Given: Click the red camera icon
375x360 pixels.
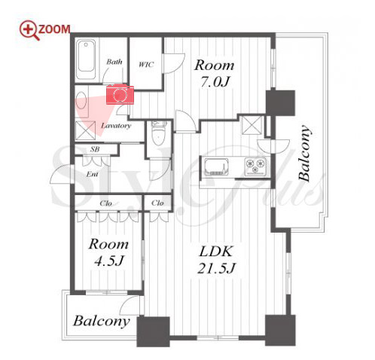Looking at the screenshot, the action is pos(120,95).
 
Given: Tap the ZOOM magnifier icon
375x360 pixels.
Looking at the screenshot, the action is pos(30,30).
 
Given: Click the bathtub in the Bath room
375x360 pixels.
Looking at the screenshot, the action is pos(87,59).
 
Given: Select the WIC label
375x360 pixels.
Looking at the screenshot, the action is pos(146,65).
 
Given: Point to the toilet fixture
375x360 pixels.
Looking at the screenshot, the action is pos(158,133).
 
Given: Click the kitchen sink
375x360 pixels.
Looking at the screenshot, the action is pos(216,166).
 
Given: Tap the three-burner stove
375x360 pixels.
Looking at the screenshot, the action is pos(255,166).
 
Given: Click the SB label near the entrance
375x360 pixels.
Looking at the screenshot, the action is pos(95,149).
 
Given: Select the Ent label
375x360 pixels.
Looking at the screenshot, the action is pos(92,174).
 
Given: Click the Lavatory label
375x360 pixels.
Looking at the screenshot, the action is pos(116,126).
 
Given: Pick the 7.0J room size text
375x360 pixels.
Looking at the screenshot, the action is pos(215,82).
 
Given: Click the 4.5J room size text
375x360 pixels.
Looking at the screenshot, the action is pos(108,261).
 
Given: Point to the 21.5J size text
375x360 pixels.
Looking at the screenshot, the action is pos(216,268).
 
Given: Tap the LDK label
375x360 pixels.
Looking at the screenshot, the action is pos(215,252).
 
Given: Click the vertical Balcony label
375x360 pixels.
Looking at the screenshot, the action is pos(304,153).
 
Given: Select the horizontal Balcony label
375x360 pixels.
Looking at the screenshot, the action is pos(102,321).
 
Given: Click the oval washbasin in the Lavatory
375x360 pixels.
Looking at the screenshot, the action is pos(81,100).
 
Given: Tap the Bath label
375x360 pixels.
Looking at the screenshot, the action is pos(114,62).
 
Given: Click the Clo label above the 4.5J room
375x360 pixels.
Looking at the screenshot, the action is pos(105,203).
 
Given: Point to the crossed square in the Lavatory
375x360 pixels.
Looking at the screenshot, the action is pos(86,130).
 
